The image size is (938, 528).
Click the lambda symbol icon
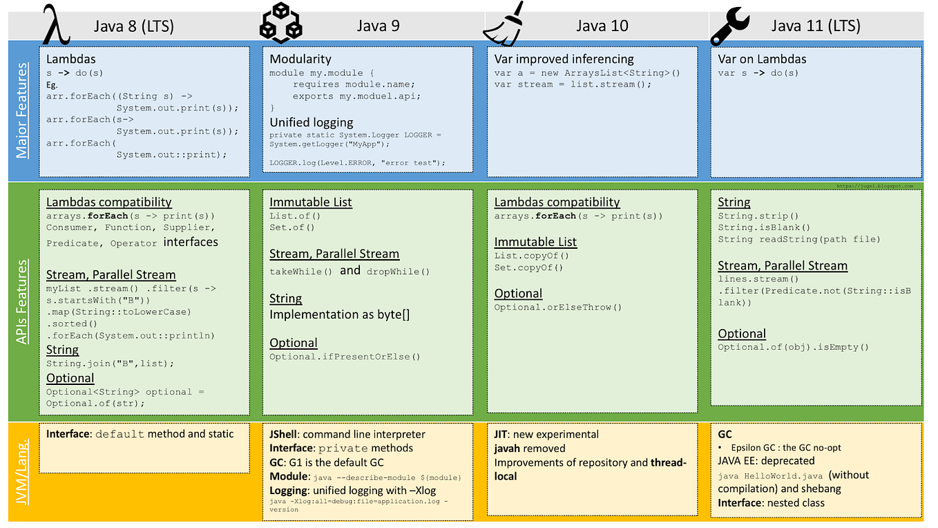point(57,26)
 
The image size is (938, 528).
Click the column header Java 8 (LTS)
point(134,26)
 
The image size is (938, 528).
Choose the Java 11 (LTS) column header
point(815,26)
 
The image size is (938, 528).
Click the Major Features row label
point(23,110)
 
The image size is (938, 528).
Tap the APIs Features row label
point(23,302)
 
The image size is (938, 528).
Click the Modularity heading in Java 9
point(300,59)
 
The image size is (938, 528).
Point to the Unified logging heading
point(311,122)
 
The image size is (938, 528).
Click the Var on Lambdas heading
point(762,59)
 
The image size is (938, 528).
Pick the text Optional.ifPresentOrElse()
point(345,357)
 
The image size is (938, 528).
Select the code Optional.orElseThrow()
point(558,308)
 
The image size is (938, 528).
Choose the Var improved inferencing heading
point(564,59)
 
